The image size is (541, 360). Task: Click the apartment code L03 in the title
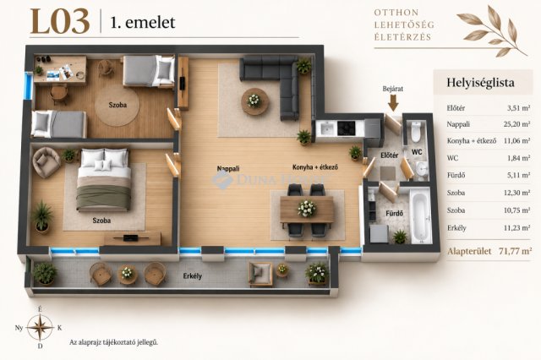[60, 22]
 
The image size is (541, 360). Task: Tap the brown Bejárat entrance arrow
[393, 103]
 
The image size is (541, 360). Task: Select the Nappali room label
[228, 169]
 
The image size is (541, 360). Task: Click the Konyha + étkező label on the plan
[315, 167]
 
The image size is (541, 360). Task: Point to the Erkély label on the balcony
[193, 275]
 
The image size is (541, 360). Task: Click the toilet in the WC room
[416, 131]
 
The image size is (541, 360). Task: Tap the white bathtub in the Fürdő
[421, 216]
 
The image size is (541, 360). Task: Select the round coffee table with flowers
[254, 101]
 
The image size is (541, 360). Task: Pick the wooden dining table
[307, 210]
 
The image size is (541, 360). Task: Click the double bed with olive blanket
[103, 180]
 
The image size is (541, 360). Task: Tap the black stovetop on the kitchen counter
[346, 128]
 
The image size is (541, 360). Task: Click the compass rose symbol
[41, 327]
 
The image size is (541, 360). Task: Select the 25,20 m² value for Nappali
[516, 124]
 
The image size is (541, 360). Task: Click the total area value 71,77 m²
[515, 251]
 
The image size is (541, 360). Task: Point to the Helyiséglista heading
[480, 83]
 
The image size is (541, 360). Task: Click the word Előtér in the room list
[456, 108]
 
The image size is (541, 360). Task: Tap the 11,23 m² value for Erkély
[516, 228]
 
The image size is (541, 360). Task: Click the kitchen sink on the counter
[326, 128]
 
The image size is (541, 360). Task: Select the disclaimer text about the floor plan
[114, 342]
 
